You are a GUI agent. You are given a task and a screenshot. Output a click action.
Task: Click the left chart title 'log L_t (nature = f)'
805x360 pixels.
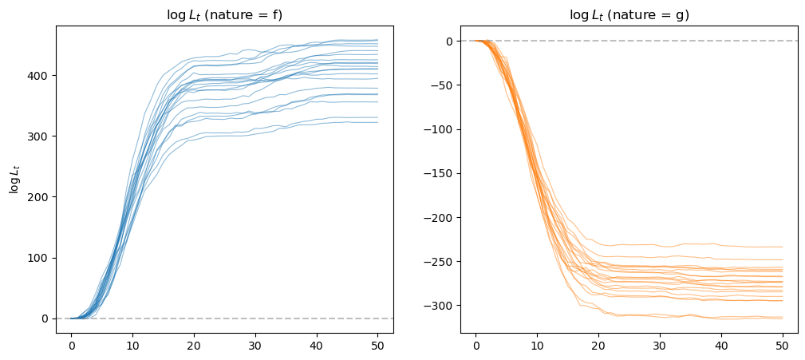(x=224, y=15)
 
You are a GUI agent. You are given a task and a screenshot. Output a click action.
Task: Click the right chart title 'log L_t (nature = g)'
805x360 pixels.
(x=628, y=15)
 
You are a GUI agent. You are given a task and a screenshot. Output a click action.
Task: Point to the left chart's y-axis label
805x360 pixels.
(x=14, y=179)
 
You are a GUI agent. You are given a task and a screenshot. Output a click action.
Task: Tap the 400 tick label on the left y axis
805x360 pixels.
(x=38, y=76)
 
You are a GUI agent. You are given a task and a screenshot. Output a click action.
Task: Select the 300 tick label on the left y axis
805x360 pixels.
(x=38, y=136)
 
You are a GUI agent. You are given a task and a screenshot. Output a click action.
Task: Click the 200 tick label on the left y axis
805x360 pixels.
(x=38, y=197)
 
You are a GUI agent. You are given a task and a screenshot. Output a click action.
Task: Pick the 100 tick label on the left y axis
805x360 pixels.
(x=38, y=258)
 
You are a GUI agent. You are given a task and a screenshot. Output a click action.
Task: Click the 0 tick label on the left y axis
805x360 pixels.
(x=45, y=318)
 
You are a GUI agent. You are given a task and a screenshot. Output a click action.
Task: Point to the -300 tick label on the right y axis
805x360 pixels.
(x=438, y=306)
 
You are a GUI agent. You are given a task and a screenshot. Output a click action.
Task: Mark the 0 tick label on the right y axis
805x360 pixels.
(x=449, y=41)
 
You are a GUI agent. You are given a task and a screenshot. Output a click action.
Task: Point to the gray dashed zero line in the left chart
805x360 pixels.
(x=239, y=318)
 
